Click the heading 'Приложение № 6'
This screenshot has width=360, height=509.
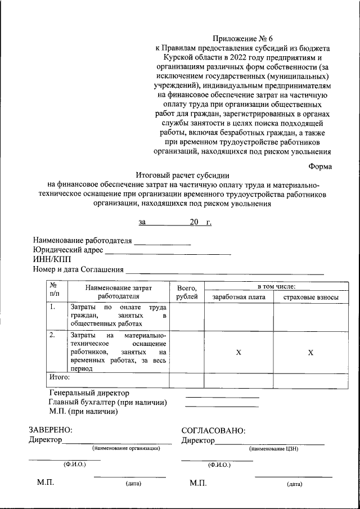242,39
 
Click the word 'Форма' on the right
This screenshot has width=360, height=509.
320,166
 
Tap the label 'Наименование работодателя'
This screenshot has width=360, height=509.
82,241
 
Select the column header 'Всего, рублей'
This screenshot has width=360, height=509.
187,291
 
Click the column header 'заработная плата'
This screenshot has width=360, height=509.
238,296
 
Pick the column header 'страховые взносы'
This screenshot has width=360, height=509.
310,296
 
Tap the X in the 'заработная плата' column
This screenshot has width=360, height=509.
238,352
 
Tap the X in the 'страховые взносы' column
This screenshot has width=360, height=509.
310,352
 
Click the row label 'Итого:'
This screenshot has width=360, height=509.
59,376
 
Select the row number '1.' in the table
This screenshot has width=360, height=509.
52,308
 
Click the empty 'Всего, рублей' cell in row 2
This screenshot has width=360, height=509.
187,351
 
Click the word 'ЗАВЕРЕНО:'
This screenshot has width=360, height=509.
51,430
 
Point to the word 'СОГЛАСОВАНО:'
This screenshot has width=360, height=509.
213,431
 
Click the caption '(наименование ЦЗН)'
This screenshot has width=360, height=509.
272,449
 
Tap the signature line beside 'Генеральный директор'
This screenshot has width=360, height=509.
222,397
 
